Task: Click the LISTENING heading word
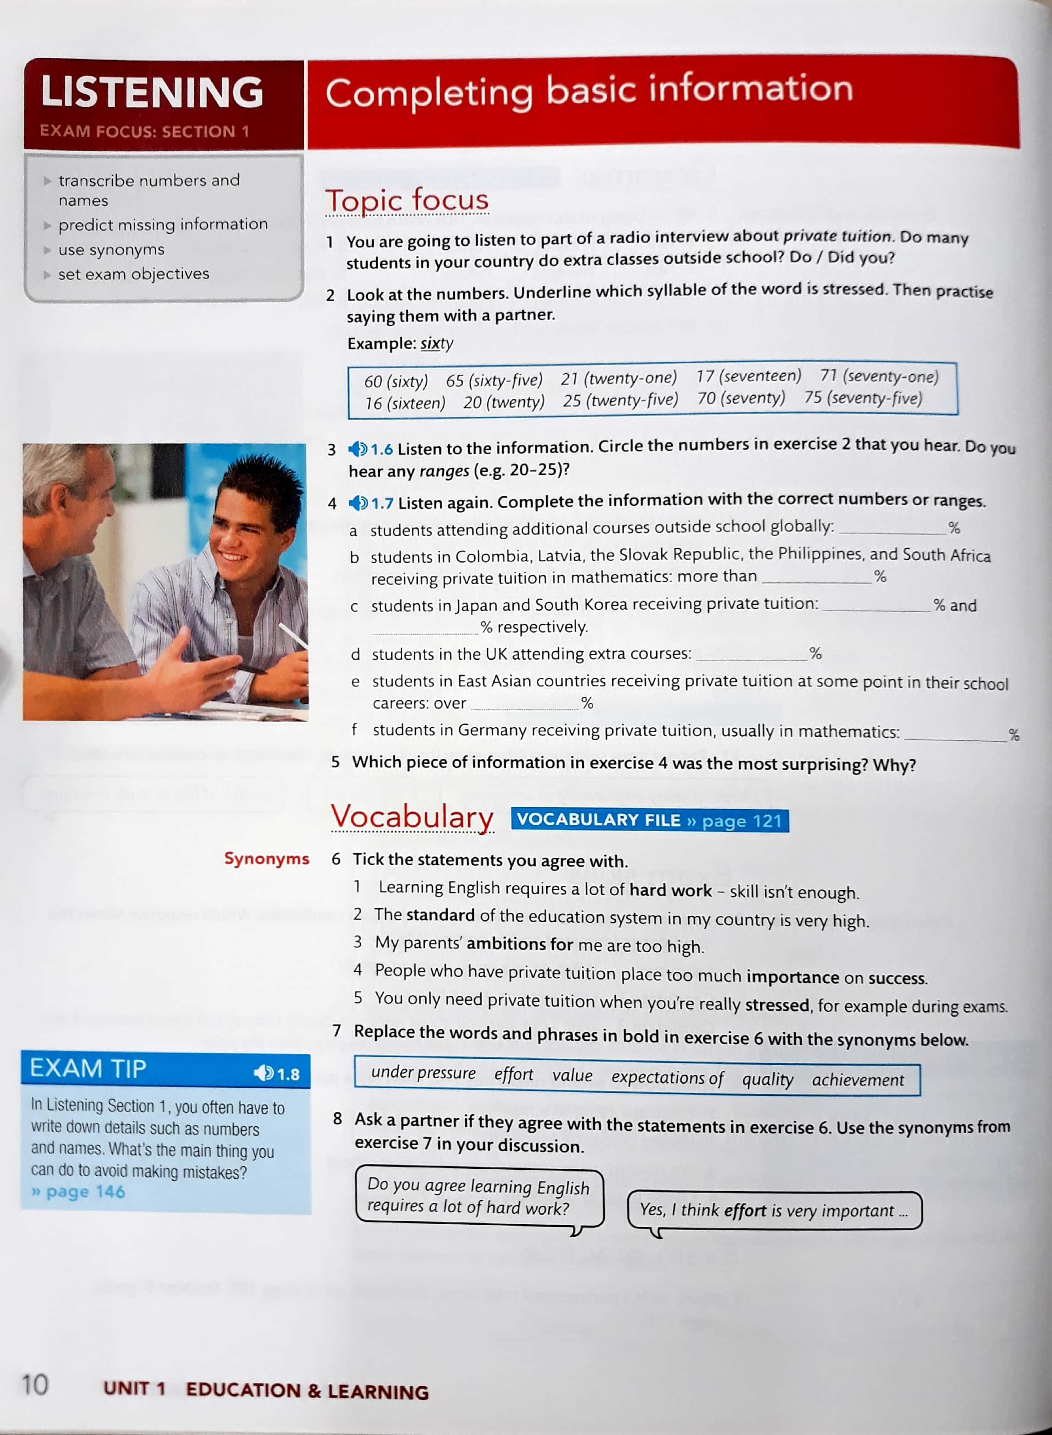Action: click(152, 92)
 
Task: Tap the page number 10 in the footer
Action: click(35, 1384)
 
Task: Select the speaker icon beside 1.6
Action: click(358, 449)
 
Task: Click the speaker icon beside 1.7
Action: click(358, 503)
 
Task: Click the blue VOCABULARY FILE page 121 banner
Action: click(650, 820)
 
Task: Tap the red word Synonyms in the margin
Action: click(266, 858)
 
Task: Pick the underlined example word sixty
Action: click(437, 344)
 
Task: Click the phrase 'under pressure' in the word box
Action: click(423, 1073)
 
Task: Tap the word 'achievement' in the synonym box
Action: click(858, 1080)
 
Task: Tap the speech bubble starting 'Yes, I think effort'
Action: click(774, 1210)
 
